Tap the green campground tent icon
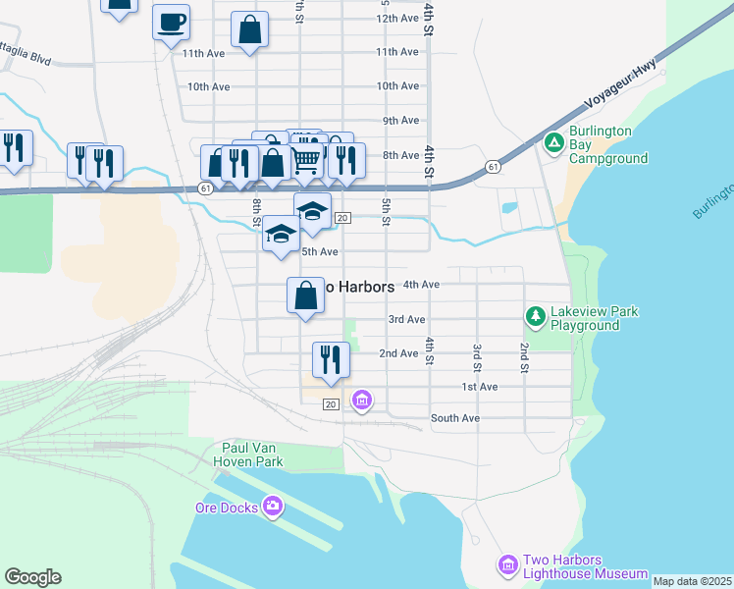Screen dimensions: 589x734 554,143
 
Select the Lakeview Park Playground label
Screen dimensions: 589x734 595,318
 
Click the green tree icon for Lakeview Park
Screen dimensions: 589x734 535,316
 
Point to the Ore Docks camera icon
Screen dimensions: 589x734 273,507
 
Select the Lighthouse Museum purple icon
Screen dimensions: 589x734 507,565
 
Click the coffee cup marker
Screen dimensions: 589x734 171,22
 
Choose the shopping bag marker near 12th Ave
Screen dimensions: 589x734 250,30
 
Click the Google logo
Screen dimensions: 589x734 32,577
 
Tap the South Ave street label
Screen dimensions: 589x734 454,418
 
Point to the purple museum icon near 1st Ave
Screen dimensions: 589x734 362,400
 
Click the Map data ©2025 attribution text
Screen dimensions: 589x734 692,581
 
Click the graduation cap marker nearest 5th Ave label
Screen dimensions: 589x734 281,236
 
